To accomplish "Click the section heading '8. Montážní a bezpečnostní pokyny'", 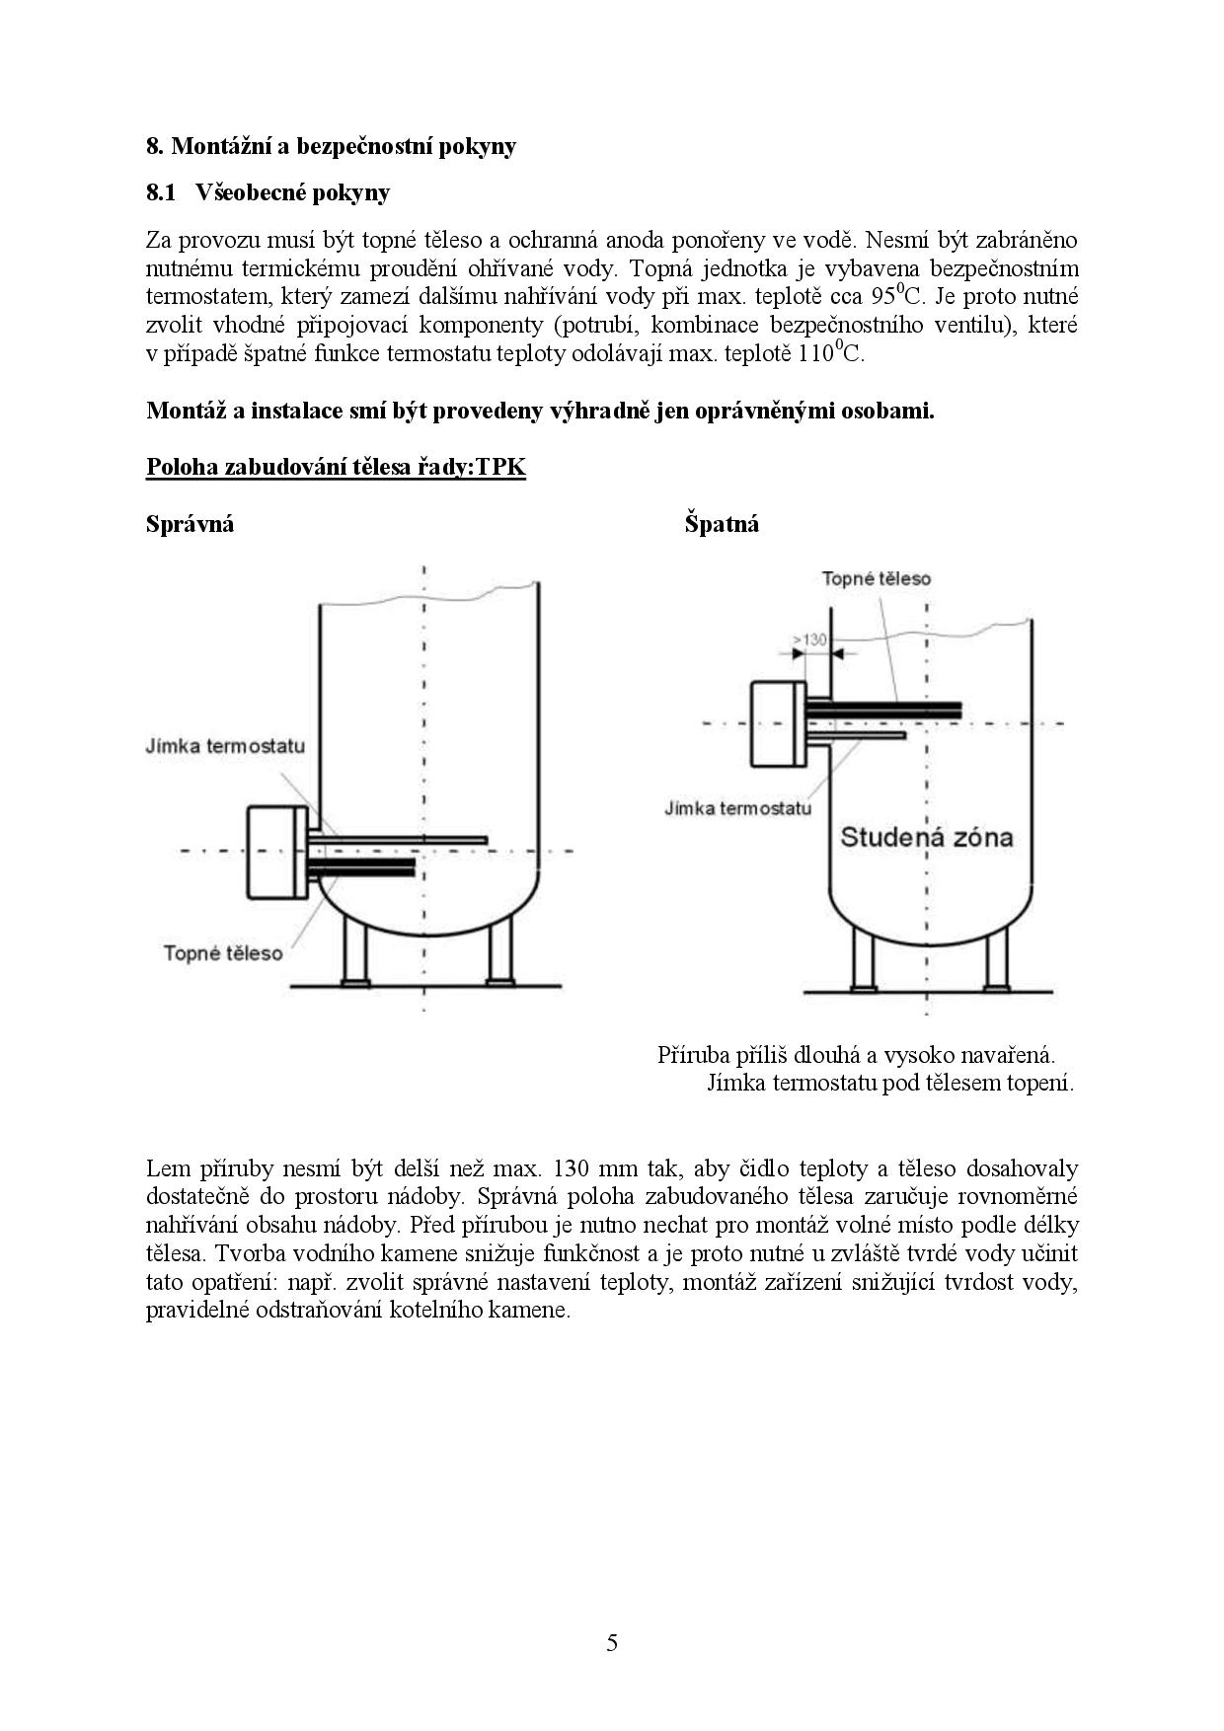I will point(331,146).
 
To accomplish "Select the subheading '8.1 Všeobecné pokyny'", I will point(268,192).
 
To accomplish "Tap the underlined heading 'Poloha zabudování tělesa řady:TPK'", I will point(336,467).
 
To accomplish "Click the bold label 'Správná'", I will point(190,524).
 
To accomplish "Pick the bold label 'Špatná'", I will point(722,524).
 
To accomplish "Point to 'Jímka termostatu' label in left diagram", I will point(225,746).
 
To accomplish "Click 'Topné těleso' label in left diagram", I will point(223,953).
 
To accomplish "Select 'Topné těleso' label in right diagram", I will point(877,579).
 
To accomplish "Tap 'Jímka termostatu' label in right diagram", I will point(737,808).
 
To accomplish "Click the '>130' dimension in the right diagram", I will point(809,640).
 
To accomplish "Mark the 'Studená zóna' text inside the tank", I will point(926,838).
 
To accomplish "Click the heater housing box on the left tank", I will point(276,853).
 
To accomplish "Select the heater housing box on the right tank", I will point(778,723).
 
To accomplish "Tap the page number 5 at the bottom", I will point(612,1643).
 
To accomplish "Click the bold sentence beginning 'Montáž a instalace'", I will point(540,411).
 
